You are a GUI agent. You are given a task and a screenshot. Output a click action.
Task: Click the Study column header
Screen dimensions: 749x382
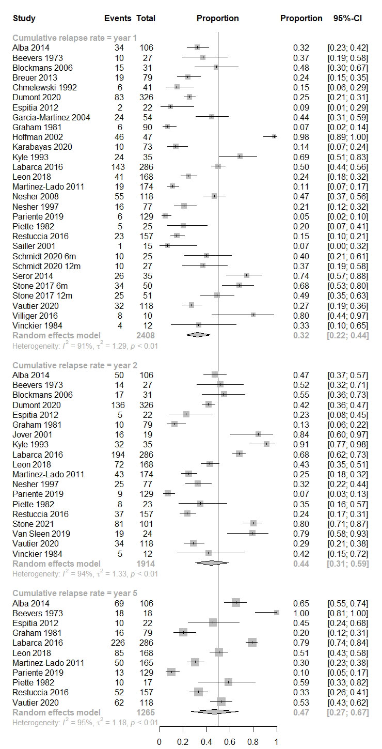point(24,19)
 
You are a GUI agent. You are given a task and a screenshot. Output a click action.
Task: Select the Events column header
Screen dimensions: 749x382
point(117,19)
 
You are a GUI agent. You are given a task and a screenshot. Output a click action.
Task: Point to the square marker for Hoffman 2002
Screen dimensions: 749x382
point(274,137)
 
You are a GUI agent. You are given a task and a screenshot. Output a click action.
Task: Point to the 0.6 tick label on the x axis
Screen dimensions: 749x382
point(230,742)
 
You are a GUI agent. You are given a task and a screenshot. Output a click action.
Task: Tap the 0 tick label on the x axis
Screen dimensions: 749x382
point(159,742)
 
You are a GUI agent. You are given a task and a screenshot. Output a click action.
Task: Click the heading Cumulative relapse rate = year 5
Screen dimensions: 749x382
point(75,592)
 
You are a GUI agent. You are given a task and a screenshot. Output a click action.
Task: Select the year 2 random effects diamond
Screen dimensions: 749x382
point(211,564)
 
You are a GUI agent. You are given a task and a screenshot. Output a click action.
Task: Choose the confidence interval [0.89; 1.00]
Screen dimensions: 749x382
point(347,137)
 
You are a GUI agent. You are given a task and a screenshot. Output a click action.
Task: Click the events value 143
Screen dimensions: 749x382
point(118,167)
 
